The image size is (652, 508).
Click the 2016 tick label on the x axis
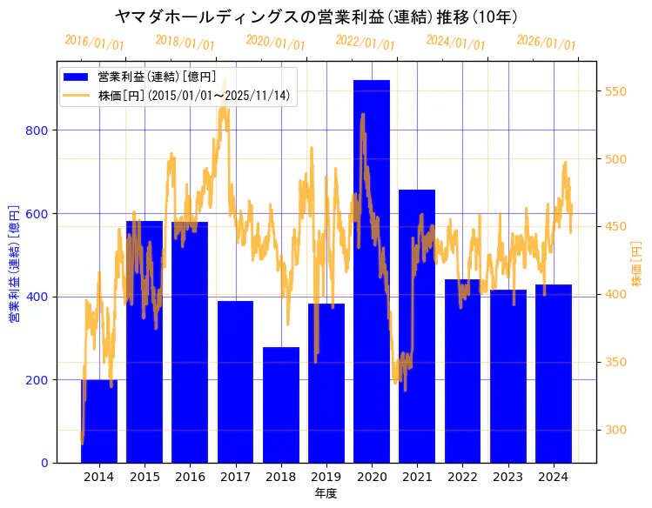tap(190, 477)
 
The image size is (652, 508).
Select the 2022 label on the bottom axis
tap(462, 477)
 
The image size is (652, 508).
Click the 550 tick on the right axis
tap(616, 91)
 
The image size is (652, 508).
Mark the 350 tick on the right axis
tap(616, 362)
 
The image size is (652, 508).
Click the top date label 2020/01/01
tap(275, 42)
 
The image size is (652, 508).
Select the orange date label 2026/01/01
tap(546, 42)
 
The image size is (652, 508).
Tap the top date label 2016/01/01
tap(94, 42)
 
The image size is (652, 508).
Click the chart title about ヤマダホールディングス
tap(317, 17)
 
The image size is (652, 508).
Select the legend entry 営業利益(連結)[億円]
tap(157, 77)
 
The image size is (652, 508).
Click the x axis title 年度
tap(326, 493)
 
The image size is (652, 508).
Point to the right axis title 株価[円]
tap(636, 265)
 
